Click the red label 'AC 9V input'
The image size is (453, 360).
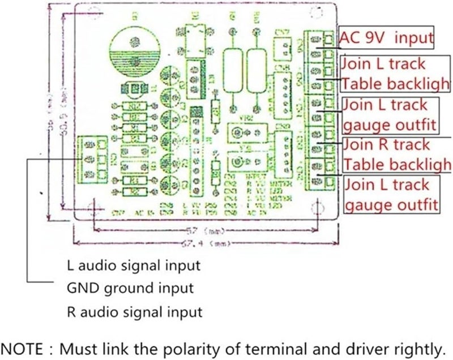pyautogui.click(x=386, y=38)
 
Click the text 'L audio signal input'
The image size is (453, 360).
pyautogui.click(x=133, y=264)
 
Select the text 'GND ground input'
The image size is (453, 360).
pyautogui.click(x=130, y=288)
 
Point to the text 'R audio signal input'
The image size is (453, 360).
pyautogui.click(x=134, y=311)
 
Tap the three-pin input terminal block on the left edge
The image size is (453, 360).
pyautogui.click(x=93, y=157)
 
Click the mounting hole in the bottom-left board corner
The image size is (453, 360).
pyautogui.click(x=94, y=210)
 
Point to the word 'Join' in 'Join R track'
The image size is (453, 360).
pyautogui.click(x=358, y=145)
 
